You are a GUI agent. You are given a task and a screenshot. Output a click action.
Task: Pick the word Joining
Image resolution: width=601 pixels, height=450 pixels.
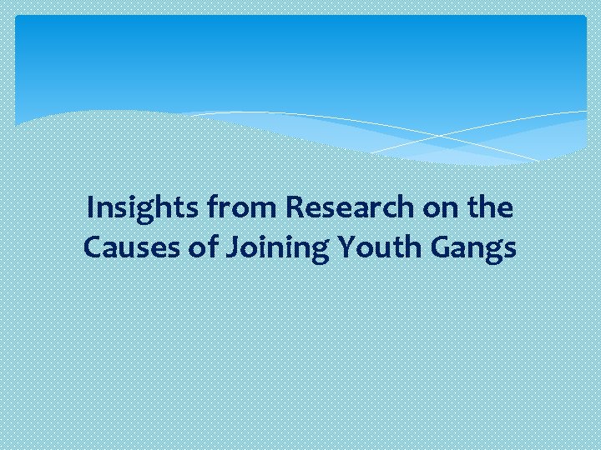(266, 247)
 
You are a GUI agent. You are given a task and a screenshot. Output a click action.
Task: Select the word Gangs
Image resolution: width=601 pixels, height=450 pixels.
(470, 247)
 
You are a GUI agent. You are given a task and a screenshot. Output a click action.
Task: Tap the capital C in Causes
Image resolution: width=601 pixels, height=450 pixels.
(92, 247)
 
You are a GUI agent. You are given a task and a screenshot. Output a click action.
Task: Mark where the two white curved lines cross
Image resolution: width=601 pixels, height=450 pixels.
(437, 135)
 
